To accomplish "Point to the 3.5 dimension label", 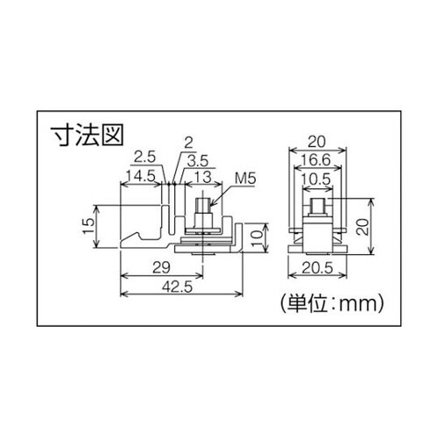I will coord(198,160).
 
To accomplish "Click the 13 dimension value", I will coord(201,176).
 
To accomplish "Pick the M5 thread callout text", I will coord(244,177).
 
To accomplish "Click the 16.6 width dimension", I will coord(320,159).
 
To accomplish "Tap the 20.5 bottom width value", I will coord(321,266).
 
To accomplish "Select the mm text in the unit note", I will coord(359,305).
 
